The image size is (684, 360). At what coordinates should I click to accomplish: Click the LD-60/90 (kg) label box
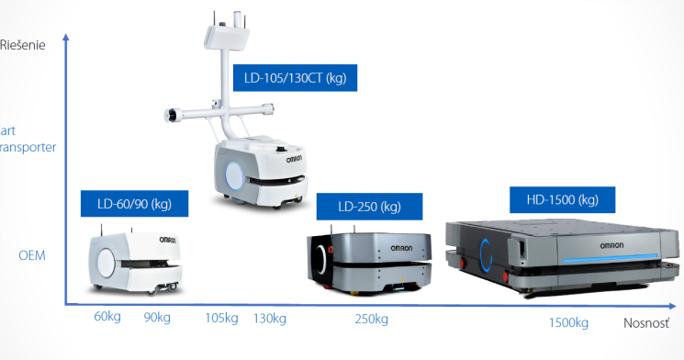(x=134, y=204)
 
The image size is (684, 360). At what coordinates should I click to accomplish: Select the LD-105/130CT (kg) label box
(x=294, y=77)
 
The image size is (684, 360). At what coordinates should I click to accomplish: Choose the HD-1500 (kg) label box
(x=562, y=199)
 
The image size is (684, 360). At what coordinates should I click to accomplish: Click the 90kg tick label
(x=157, y=318)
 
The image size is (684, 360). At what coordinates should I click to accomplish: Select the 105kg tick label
(x=222, y=318)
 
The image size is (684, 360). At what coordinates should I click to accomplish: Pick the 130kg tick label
(x=269, y=318)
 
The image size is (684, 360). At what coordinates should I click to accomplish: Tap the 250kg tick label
(x=371, y=319)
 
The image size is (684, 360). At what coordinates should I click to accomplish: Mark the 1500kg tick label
(x=568, y=322)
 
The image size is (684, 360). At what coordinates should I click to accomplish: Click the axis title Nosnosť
(x=646, y=322)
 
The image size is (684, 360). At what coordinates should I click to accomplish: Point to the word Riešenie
(x=23, y=44)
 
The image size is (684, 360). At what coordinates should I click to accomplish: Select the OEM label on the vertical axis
(x=31, y=254)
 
